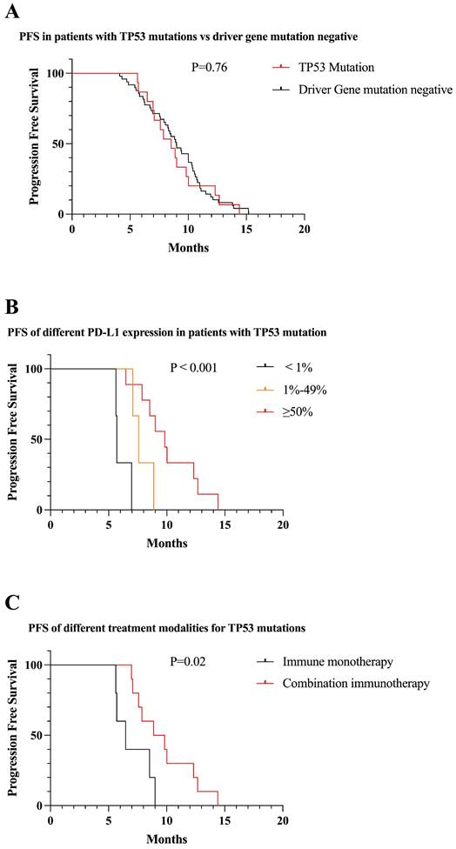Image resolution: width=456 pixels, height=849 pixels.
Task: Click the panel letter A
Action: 15,11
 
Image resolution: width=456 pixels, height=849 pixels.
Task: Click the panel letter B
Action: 14,307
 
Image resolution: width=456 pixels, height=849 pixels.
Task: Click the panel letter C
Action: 14,602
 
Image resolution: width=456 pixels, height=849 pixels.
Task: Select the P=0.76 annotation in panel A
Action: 211,67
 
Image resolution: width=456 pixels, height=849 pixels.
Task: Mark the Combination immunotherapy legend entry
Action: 355,684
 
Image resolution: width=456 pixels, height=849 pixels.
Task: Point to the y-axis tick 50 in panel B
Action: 35,439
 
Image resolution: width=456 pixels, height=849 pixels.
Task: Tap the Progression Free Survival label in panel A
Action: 35,144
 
